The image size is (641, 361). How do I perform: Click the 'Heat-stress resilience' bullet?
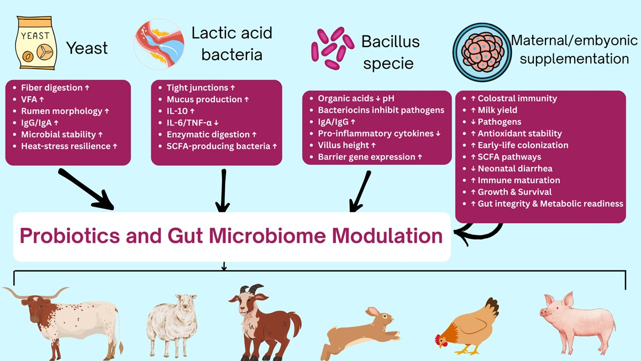[x=69, y=147]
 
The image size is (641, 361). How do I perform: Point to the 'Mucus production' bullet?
[x=204, y=100]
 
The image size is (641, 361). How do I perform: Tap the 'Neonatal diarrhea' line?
[x=511, y=169]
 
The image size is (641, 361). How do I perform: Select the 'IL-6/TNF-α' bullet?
[x=193, y=123]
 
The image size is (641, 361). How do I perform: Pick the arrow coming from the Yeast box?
[x=85, y=189]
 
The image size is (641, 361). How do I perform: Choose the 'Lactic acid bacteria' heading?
[x=232, y=44]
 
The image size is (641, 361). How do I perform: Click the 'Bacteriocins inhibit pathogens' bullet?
[x=381, y=111]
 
